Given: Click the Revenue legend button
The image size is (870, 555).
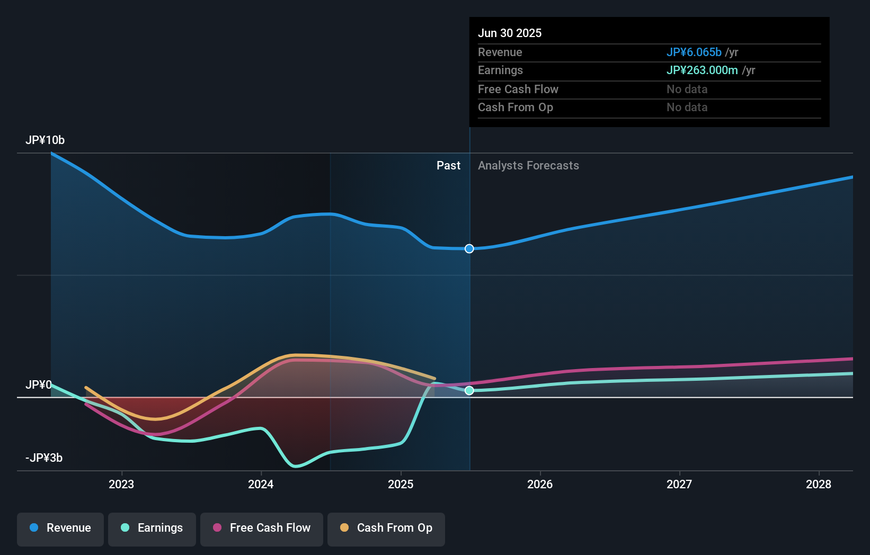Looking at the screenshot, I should (x=60, y=528).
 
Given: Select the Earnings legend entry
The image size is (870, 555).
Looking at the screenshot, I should (x=152, y=528).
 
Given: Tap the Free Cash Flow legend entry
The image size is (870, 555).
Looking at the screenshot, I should (x=262, y=528).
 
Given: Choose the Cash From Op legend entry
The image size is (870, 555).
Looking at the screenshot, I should (x=386, y=528).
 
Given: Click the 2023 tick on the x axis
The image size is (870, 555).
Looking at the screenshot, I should (x=121, y=484).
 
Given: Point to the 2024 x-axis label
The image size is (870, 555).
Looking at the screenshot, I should (x=261, y=484).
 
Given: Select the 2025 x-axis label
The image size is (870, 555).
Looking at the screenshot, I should (x=401, y=484).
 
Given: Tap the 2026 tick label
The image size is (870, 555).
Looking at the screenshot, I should (x=540, y=484).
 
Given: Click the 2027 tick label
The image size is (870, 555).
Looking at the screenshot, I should (x=679, y=484).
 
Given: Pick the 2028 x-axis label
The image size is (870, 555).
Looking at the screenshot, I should (x=819, y=484).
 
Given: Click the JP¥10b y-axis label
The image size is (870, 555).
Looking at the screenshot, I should (x=45, y=140).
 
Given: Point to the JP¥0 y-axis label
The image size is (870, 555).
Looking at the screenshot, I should (x=39, y=385).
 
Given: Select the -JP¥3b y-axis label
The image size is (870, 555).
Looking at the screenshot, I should (x=44, y=458).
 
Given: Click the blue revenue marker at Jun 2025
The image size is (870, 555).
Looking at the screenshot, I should (x=469, y=249).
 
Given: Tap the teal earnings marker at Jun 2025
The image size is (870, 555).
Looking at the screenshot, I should (x=469, y=391).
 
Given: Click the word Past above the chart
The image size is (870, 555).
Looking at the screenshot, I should (x=448, y=166).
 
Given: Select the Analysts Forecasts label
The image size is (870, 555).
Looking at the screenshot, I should (x=528, y=166).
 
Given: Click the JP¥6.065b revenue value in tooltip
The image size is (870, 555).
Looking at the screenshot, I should (x=694, y=52).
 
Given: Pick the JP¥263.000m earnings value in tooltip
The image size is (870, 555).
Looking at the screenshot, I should (x=702, y=70).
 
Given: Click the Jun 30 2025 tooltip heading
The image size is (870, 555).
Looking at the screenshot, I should (x=510, y=33).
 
